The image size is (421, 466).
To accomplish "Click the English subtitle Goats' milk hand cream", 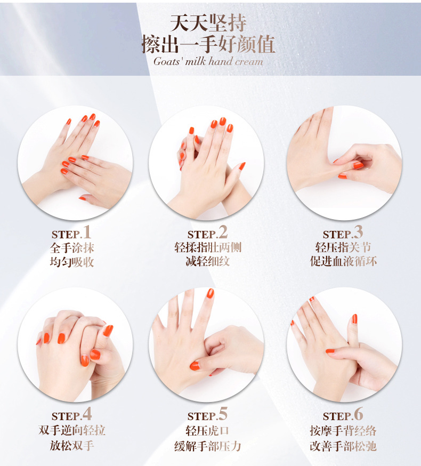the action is coord(208,61).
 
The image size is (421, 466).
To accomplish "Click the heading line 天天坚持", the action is coord(208,23).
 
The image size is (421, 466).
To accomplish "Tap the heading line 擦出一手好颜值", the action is coord(208,44).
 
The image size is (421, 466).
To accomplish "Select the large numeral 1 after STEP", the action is coord(87,232).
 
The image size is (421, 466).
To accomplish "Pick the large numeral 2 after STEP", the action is coord(223,232).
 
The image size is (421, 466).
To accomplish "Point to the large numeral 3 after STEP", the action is coord(359,232).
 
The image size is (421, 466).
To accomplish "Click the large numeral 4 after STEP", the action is coord(87,414).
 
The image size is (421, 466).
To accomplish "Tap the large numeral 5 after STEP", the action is coord(223,414).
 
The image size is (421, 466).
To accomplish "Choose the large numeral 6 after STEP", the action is coord(359,414).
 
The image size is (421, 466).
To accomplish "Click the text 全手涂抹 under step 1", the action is coord(72,247).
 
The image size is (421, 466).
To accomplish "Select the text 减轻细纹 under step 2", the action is coord(208,262).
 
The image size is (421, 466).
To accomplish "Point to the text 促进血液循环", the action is coord(343,262).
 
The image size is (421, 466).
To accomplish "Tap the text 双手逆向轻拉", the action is coord(72,430).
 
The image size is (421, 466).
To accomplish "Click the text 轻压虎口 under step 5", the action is coord(208,430).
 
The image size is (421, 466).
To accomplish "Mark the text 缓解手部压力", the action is coord(208,446).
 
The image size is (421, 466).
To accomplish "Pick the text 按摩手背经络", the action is coord(343,430).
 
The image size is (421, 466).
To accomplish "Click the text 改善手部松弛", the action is coord(343,446).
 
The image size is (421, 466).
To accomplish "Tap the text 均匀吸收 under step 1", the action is coord(72,262).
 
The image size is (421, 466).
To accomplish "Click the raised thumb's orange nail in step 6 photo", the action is coord(354,319).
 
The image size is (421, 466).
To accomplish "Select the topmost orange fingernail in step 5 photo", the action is coord(210,293).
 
